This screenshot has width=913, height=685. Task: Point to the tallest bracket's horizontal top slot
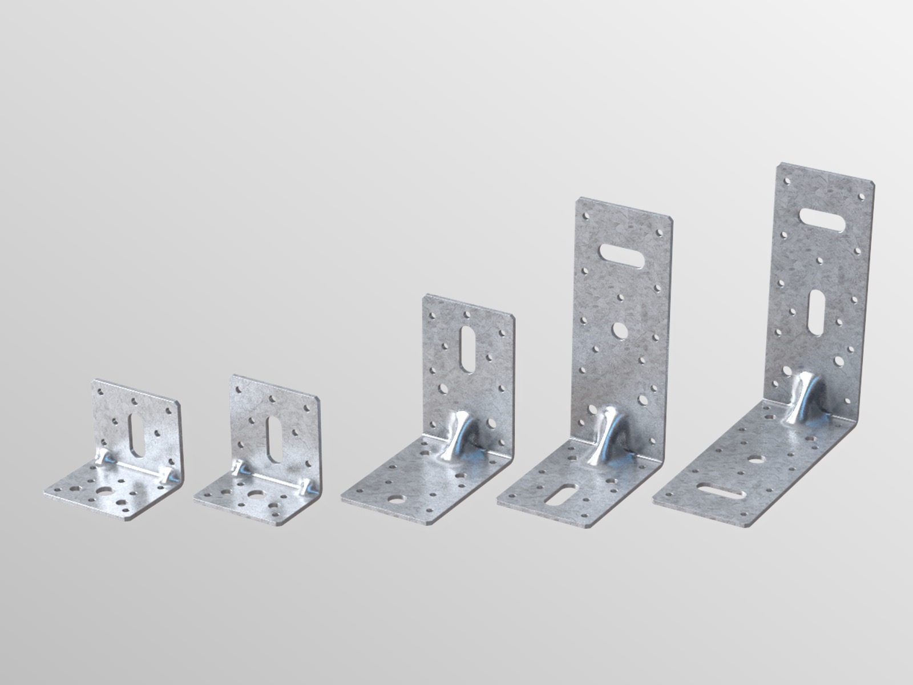point(823,220)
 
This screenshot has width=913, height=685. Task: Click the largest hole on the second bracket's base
point(253,496)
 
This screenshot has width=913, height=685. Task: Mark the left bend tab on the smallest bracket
point(102,456)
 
